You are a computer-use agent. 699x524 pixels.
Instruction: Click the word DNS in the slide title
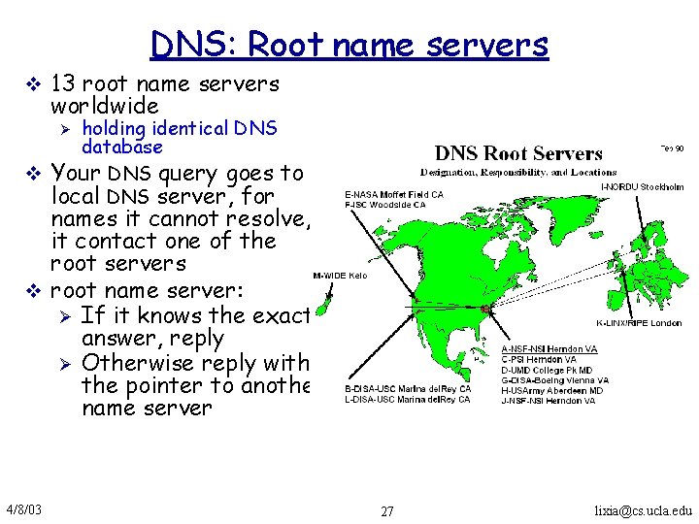(x=194, y=45)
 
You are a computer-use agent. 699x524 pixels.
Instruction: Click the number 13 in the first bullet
(x=65, y=84)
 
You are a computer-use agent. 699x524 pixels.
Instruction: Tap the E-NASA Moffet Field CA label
(x=394, y=194)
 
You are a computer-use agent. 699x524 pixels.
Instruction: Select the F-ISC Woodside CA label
(x=385, y=205)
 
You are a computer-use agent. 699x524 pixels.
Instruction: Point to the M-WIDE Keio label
(x=340, y=276)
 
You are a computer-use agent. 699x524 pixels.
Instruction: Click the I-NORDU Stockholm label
(x=643, y=187)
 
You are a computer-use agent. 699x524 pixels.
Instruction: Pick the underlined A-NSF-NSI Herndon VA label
(x=549, y=349)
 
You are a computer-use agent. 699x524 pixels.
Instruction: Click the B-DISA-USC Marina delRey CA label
(x=408, y=389)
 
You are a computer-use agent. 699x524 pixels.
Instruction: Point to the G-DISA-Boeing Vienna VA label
(x=555, y=380)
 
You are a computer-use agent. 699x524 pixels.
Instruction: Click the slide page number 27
(x=387, y=511)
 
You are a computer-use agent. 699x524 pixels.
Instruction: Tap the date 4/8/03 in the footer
(x=22, y=509)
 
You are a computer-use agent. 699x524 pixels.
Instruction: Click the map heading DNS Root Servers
(x=518, y=153)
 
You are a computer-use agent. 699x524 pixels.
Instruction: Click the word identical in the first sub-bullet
(x=183, y=128)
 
